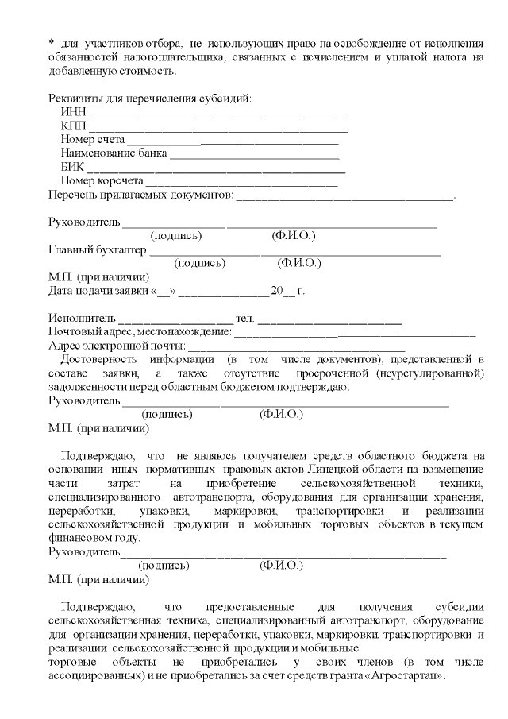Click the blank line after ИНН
[x=218, y=114]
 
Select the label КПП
[x=72, y=126]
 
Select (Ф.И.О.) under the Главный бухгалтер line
[x=299, y=264]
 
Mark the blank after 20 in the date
[x=290, y=292]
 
